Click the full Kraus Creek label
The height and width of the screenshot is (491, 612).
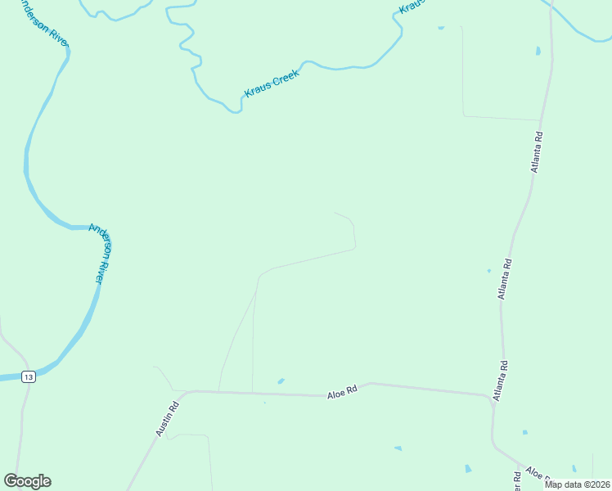point(272,83)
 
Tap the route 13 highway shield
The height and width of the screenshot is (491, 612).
point(29,376)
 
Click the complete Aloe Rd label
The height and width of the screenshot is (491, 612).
point(343,393)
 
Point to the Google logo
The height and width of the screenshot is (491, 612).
point(27,481)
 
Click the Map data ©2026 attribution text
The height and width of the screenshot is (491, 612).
point(577,484)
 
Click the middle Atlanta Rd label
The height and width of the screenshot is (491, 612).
point(506,279)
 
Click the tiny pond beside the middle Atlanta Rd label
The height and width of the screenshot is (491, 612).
point(489,271)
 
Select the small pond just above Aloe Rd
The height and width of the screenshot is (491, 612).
point(281,381)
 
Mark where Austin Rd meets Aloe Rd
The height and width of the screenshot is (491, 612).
point(187,392)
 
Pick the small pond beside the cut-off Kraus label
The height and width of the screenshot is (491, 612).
point(441,28)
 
